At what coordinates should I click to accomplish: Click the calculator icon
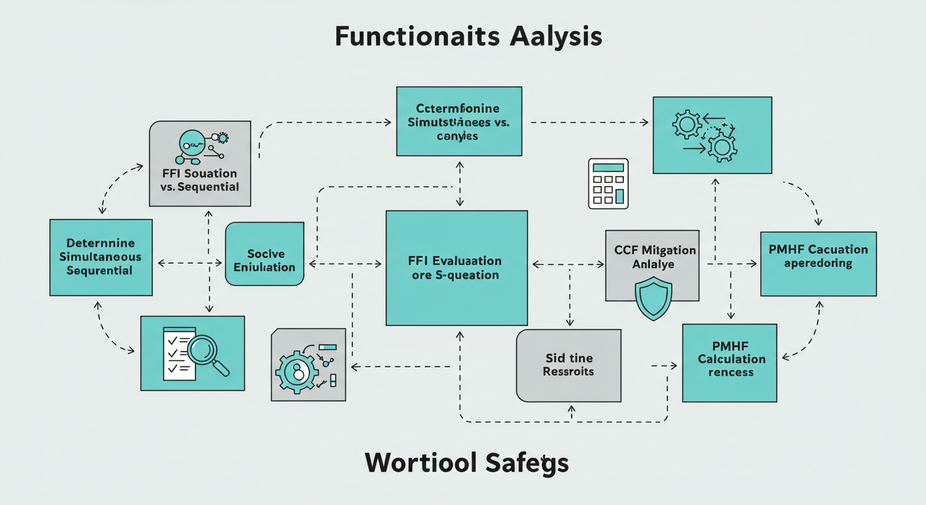608,184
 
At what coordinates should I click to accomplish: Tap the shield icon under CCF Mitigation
653,297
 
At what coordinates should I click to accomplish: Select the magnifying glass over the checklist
207,352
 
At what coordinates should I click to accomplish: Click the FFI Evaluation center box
456,268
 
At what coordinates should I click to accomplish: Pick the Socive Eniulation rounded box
265,254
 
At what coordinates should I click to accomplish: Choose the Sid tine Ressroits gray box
568,365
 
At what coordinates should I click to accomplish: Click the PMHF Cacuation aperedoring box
818,263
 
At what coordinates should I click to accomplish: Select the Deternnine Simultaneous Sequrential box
101,257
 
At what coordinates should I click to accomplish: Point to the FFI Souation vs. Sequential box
200,163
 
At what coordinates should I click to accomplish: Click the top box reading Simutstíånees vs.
459,121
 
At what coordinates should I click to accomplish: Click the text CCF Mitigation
654,251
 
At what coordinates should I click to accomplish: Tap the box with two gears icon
712,135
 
